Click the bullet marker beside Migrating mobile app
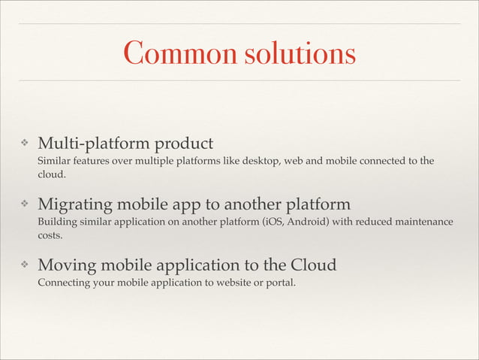(x=24, y=204)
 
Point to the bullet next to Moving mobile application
(x=24, y=265)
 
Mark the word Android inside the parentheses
(x=305, y=222)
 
